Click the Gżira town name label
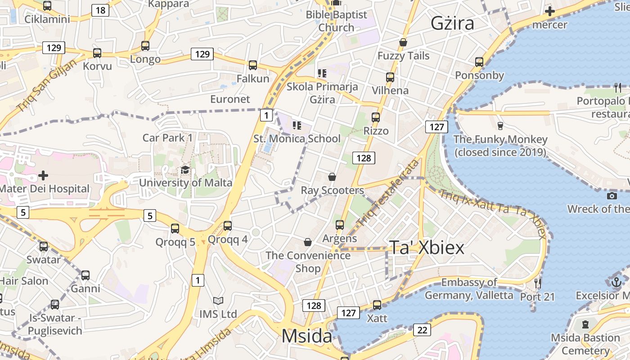pos(452,23)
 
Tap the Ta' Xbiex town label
pos(426,247)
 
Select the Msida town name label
pos(307,336)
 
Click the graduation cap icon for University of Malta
pos(185,170)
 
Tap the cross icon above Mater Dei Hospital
pos(43,175)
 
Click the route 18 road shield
pos(100,10)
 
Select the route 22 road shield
pos(422,330)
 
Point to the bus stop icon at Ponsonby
pos(479,62)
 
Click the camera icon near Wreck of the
pos(612,196)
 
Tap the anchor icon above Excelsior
pos(616,282)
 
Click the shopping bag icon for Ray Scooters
pos(332,177)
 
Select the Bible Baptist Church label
pos(337,21)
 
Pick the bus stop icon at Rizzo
pos(376,117)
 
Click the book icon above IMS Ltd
pos(218,301)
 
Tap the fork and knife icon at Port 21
pos(537,283)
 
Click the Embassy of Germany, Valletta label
pos(469,289)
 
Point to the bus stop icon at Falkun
pos(253,65)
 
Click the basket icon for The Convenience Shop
pos(308,243)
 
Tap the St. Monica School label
pos(297,139)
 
